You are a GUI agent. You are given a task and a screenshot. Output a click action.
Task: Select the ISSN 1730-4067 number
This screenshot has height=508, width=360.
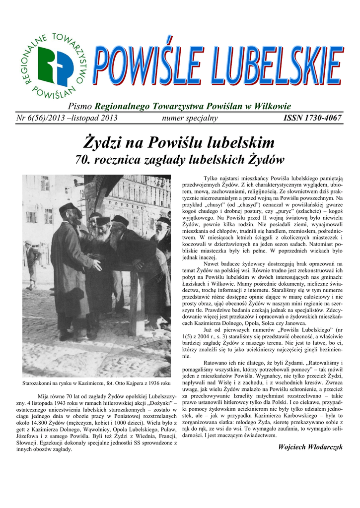[x=312, y=118]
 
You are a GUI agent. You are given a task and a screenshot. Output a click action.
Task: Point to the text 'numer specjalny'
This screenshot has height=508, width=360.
[x=190, y=118]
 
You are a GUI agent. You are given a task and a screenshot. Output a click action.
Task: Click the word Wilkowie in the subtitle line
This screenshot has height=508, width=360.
[x=272, y=106]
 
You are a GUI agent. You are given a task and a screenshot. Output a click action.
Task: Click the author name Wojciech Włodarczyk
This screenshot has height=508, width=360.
[x=311, y=447]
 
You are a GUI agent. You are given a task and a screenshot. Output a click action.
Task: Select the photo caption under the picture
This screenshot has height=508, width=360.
[x=97, y=383]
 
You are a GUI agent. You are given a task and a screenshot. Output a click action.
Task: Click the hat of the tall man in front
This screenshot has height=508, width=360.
[x=69, y=207]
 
